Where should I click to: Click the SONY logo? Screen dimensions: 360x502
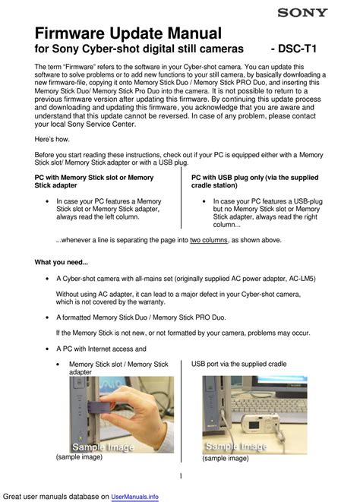coord(302,13)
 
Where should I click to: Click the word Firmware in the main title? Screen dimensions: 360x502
coord(71,33)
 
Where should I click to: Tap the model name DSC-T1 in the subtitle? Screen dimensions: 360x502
coord(297,49)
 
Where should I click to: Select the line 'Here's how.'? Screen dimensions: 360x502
coord(52,139)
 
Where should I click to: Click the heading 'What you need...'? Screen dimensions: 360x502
coord(62,262)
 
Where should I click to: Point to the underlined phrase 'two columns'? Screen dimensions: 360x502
coord(209,240)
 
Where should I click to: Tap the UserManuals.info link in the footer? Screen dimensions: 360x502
coord(134,497)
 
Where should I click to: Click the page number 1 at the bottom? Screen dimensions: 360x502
coord(181,476)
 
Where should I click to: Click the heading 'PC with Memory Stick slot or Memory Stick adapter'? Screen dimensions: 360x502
coord(94,182)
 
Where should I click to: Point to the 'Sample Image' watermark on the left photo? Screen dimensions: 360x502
coord(103,447)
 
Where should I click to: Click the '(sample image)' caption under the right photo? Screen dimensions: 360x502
coord(225,458)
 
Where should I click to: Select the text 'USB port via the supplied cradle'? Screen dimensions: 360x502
coord(239,364)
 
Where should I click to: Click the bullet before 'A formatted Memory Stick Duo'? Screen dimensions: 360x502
coord(47,317)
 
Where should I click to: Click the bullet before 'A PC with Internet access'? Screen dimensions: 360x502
coord(47,349)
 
